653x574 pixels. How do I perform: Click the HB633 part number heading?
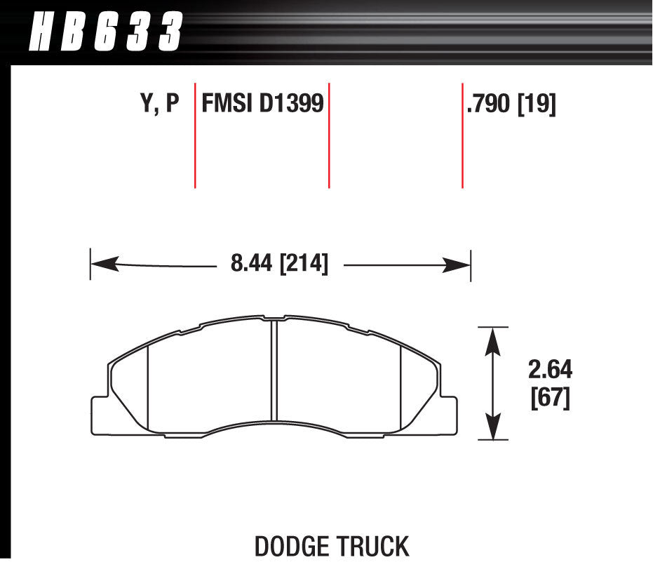106,32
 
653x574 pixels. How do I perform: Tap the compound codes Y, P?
160,103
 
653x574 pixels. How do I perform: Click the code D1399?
291,103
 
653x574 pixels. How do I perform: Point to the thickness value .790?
488,103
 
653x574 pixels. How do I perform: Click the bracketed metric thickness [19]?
537,104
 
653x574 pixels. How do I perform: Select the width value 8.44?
251,263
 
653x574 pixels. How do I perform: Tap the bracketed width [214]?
304,264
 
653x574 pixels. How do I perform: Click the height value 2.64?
550,370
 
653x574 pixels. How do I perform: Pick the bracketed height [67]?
550,398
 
